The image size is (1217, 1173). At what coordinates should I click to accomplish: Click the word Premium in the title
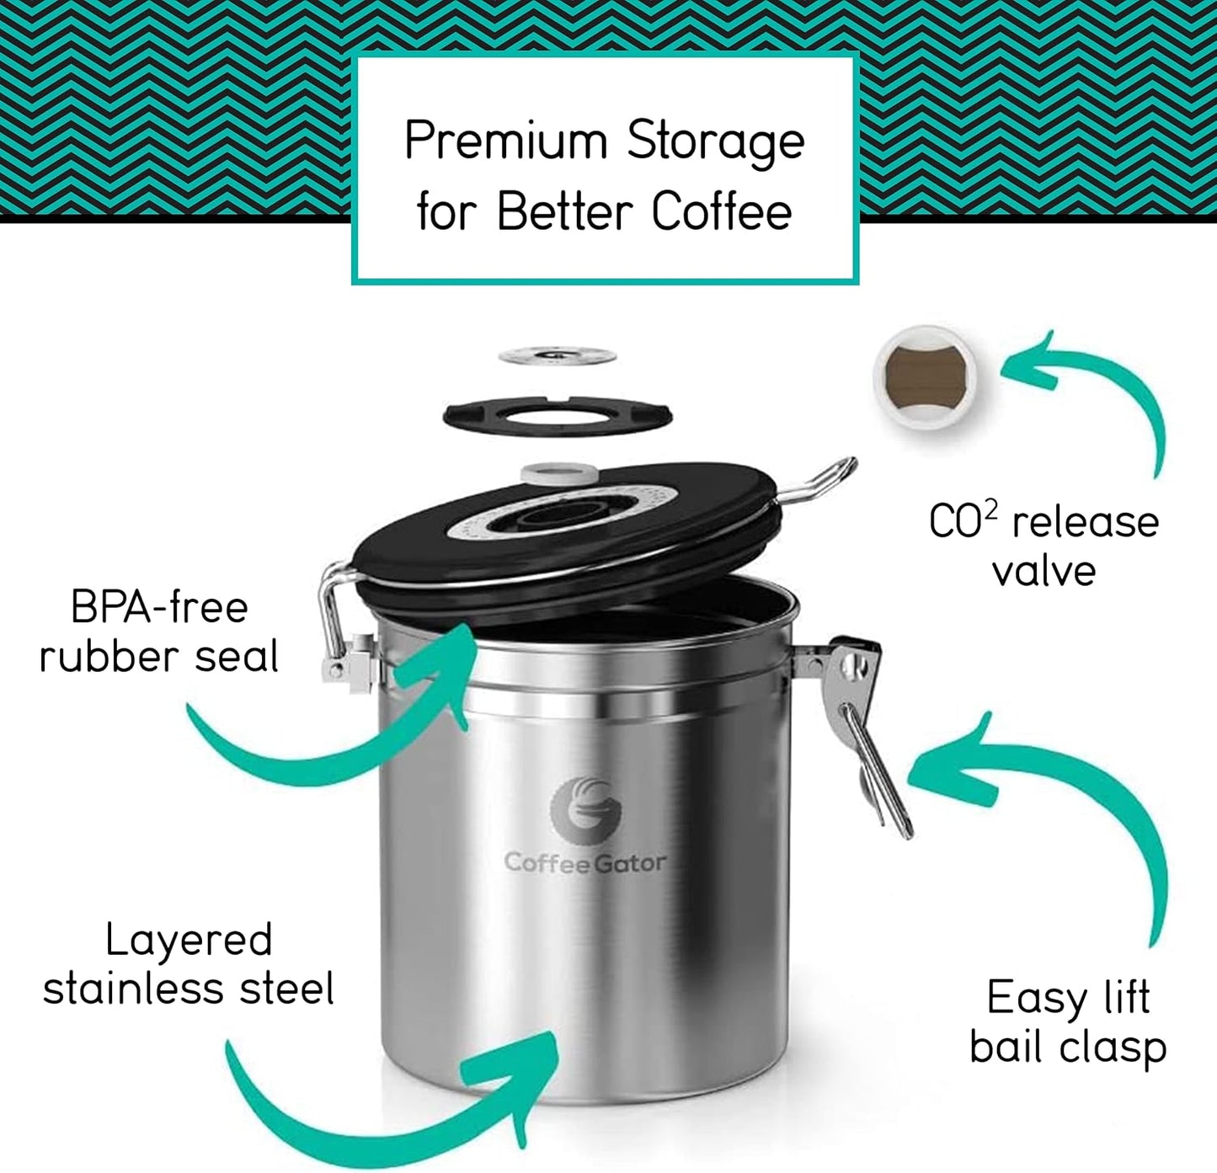[505, 141]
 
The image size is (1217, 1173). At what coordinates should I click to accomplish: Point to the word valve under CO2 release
[1044, 571]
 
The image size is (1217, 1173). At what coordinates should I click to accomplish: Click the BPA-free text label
[159, 606]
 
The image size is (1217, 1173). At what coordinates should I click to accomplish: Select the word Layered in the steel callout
[189, 940]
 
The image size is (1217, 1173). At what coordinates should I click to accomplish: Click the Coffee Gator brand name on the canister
[585, 862]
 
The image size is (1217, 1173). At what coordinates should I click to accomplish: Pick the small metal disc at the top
[557, 356]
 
